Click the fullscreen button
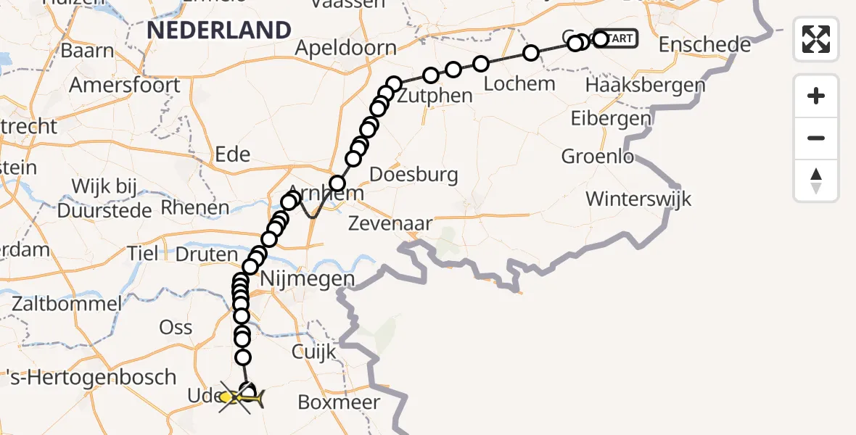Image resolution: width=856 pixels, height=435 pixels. [816, 39]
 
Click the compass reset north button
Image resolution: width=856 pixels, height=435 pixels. [816, 181]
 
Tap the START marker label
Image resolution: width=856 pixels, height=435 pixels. [617, 38]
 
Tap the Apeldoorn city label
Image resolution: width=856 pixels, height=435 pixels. [346, 49]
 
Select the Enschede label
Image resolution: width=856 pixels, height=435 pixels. [704, 45]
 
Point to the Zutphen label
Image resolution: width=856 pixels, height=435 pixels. [435, 96]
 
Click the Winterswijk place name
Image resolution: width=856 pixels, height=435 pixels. [638, 199]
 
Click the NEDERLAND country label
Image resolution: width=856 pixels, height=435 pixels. [218, 30]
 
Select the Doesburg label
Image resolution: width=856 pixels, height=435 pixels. [413, 174]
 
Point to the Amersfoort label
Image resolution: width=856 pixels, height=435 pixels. [125, 86]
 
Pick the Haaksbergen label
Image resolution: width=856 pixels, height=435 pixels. [644, 86]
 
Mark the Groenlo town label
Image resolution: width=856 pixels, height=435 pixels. [598, 156]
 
